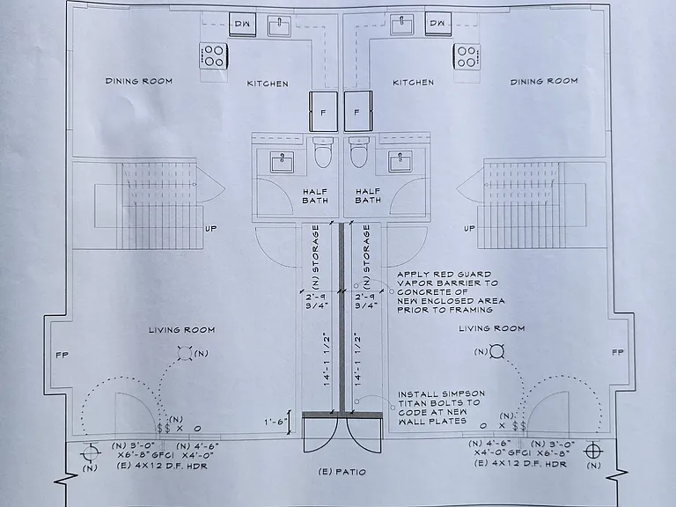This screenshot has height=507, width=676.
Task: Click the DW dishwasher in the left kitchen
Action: (242, 24)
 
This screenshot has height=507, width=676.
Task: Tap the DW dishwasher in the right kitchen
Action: (438, 23)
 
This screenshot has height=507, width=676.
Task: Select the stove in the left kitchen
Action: (214, 55)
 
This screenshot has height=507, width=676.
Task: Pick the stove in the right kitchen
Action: (467, 56)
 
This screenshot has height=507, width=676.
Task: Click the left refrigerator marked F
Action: (323, 111)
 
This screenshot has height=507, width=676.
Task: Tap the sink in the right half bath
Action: (400, 162)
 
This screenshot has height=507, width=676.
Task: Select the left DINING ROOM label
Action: (139, 81)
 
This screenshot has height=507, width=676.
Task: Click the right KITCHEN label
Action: (413, 82)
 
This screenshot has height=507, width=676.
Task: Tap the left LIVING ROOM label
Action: (182, 330)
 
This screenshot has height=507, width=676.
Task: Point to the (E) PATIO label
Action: (342, 472)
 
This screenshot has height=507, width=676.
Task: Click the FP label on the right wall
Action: (618, 352)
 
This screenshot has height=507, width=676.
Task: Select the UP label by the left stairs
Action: (211, 229)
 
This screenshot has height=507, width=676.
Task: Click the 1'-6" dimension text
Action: (275, 422)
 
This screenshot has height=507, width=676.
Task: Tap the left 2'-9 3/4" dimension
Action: (317, 301)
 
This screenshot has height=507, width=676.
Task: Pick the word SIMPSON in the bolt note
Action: (464, 393)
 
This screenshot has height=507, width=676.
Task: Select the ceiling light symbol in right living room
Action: (496, 351)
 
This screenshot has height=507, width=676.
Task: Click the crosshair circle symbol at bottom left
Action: (90, 452)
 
